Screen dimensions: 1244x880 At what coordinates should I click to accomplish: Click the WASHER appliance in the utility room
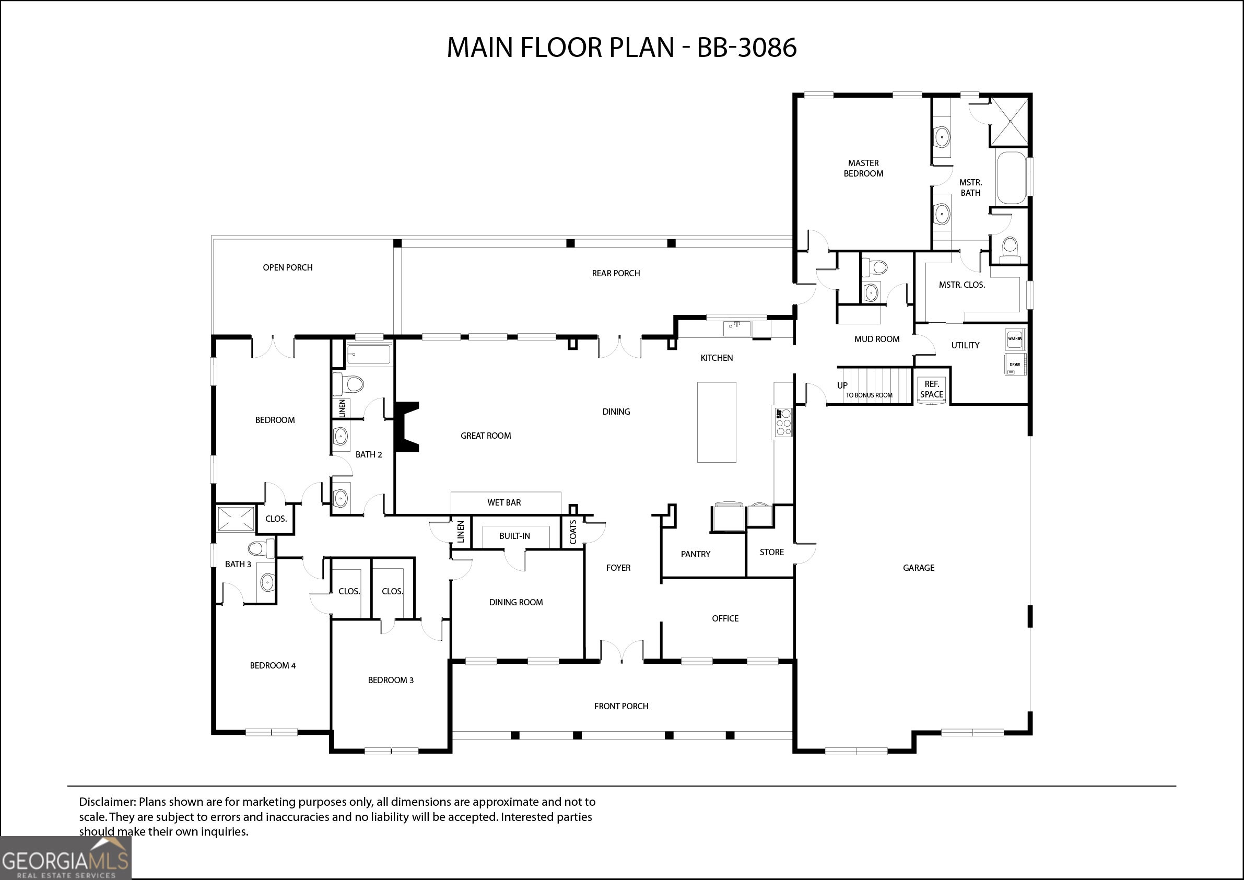(1015, 338)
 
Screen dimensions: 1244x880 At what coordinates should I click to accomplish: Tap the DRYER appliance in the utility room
(1015, 364)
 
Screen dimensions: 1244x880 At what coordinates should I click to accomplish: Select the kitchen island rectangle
(717, 422)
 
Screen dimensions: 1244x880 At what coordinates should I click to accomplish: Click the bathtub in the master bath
(1011, 178)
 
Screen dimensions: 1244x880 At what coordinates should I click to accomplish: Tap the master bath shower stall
(1010, 122)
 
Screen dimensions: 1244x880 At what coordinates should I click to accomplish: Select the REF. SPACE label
(931, 389)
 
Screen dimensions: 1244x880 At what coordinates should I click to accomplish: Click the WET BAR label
(504, 502)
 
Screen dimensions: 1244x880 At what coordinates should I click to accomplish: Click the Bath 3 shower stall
(236, 519)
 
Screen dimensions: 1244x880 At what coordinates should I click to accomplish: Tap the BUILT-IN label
(514, 536)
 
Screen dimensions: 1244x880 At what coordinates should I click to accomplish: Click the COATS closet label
(573, 532)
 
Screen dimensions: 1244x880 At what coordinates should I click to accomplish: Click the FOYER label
(618, 567)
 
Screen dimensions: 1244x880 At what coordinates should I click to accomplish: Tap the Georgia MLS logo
(66, 858)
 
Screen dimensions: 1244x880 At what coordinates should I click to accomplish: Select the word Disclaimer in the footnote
(107, 802)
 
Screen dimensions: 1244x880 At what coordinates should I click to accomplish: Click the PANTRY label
(695, 554)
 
